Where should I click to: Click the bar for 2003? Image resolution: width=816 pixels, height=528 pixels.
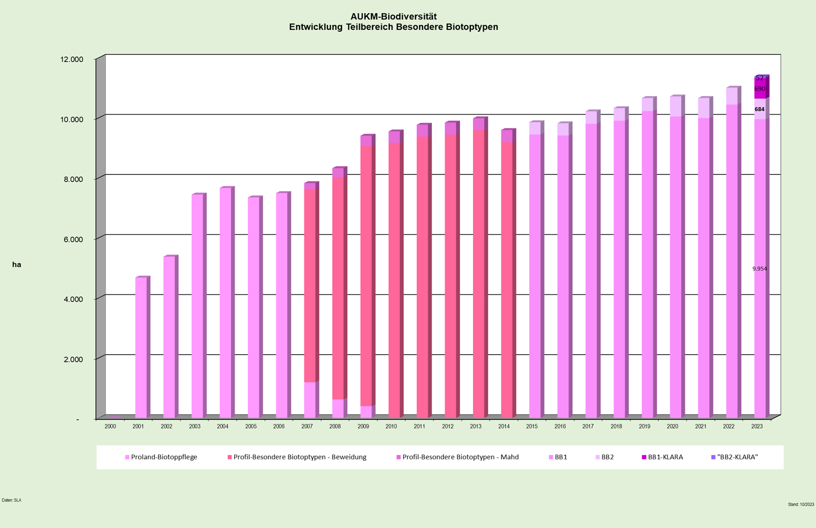pos(197,306)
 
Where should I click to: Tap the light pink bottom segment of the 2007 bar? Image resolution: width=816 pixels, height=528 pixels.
pos(310,400)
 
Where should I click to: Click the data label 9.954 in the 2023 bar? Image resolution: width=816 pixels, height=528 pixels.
pos(760,269)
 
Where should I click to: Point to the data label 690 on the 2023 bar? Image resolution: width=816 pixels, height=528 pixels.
pos(760,89)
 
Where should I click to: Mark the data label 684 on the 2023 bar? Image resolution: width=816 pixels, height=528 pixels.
pos(760,109)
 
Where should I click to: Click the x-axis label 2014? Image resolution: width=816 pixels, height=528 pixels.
pos(504,427)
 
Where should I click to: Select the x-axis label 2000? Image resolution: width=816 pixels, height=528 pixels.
pos(110,427)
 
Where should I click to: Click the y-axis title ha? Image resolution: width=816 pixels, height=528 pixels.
pos(17,265)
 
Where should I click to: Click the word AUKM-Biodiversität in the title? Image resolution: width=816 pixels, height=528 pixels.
pos(394,17)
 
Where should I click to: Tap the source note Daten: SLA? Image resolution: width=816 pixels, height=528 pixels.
pos(11,500)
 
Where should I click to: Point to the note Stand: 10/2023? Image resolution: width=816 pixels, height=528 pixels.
pos(800,504)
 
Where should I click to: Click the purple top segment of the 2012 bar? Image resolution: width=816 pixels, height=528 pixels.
pos(450,129)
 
